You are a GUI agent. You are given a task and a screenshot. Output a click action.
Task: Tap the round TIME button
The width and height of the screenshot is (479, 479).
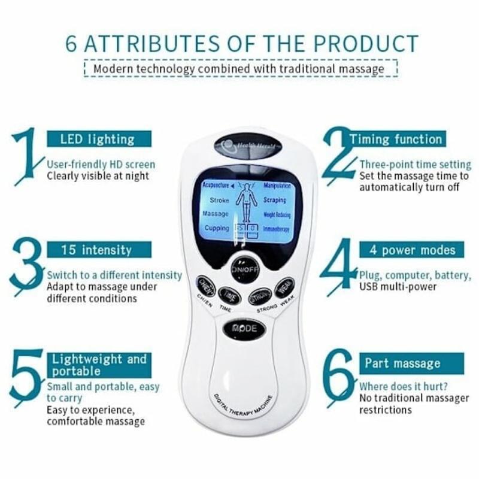click(229, 295)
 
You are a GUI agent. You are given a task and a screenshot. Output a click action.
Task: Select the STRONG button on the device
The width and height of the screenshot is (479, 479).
click(261, 295)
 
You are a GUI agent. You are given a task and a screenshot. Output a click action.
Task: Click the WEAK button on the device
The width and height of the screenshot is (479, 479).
click(284, 287)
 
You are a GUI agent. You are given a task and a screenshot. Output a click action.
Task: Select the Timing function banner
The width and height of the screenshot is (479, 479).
click(396, 140)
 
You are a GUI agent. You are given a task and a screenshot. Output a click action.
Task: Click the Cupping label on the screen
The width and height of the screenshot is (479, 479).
click(217, 228)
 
